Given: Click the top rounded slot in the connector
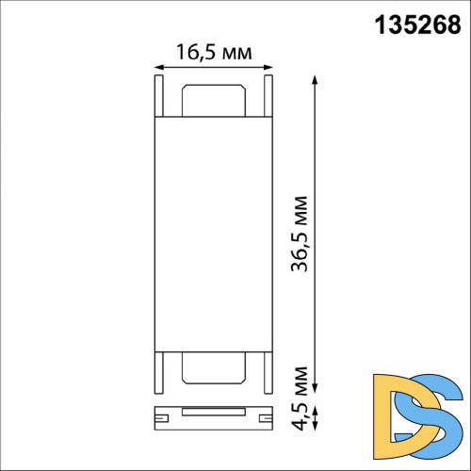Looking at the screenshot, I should pyautogui.click(x=212, y=102).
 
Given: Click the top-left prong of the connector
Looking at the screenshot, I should pyautogui.click(x=156, y=94).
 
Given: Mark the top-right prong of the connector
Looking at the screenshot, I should pyautogui.click(x=268, y=94).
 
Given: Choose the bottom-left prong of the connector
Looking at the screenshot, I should pyautogui.click(x=156, y=373).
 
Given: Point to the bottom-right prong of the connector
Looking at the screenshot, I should pyautogui.click(x=268, y=373).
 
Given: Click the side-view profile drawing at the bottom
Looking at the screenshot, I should pyautogui.click(x=212, y=413).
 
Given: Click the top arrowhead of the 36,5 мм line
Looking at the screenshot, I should pyautogui.click(x=315, y=77).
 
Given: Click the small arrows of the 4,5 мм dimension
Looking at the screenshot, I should pyautogui.click(x=315, y=414).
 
